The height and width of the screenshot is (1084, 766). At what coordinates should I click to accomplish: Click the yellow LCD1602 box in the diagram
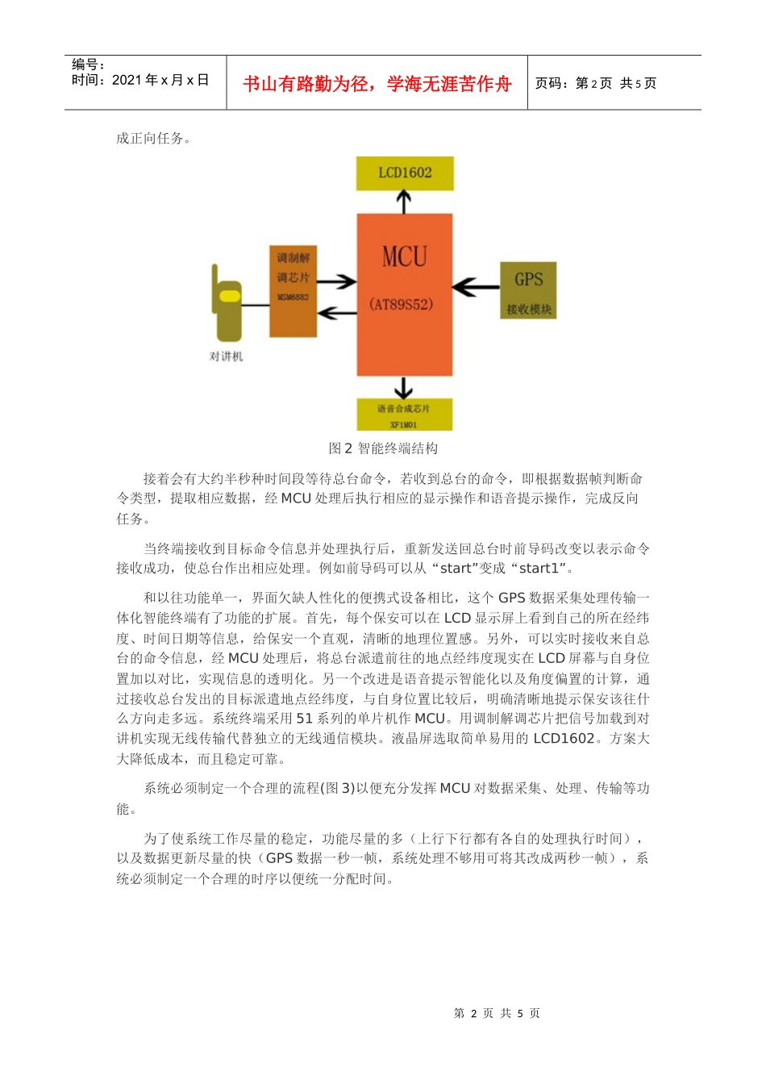[x=405, y=173]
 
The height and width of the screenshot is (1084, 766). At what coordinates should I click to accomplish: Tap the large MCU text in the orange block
[x=404, y=257]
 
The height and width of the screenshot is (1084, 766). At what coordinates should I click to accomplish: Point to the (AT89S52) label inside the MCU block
[x=402, y=304]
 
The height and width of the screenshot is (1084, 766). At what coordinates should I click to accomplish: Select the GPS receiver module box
[x=528, y=290]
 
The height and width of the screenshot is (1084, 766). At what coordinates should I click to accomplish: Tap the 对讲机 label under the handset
[x=226, y=356]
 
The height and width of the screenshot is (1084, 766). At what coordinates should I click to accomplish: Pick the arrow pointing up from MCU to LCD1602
[x=404, y=202]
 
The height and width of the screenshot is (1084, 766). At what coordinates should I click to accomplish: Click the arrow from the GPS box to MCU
[x=476, y=286]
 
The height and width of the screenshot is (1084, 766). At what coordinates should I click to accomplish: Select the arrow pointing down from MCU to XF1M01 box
[x=404, y=387]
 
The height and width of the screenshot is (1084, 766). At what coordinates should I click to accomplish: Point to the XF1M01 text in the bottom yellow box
[x=404, y=424]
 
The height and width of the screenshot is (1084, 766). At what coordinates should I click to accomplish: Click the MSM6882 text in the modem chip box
[x=293, y=298]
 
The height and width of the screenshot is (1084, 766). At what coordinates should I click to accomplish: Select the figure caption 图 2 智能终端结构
[x=383, y=448]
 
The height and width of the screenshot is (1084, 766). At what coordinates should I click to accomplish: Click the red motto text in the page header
[x=377, y=84]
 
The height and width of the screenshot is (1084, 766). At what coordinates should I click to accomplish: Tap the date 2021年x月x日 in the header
[x=160, y=80]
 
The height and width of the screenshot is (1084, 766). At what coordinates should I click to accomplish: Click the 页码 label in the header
[x=552, y=84]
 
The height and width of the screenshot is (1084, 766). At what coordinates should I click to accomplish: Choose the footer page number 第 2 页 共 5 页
[x=497, y=1013]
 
